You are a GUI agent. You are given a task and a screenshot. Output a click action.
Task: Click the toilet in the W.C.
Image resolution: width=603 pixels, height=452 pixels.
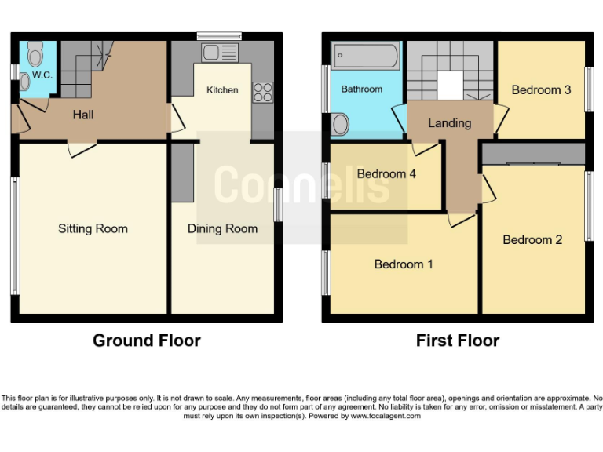[35, 54]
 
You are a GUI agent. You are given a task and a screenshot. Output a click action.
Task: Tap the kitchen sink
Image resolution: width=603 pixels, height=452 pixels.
[220, 53]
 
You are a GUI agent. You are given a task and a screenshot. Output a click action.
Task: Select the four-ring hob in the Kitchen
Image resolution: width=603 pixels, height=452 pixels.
[263, 93]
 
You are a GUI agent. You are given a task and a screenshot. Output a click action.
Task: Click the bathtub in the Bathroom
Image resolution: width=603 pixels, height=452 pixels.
[365, 56]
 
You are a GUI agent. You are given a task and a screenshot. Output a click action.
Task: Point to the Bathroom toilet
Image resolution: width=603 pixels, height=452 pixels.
[339, 124]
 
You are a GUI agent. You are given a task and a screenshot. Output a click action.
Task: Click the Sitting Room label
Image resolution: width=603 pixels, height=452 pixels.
[93, 228]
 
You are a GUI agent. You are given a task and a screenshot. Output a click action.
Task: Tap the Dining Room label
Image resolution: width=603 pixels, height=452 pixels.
[222, 228]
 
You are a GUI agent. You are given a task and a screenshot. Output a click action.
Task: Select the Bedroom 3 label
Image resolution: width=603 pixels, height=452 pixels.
[541, 90]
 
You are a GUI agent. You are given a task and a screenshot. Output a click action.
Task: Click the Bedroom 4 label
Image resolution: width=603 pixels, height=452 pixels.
[386, 173]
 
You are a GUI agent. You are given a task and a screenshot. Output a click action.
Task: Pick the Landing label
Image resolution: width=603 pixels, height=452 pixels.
[450, 123]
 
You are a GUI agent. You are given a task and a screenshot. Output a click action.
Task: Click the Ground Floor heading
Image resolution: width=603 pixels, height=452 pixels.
[147, 341]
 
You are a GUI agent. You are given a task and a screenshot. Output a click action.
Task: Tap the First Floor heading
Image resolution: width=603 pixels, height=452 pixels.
[458, 341]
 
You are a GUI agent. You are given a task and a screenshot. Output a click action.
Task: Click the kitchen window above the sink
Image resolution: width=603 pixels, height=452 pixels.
[219, 36]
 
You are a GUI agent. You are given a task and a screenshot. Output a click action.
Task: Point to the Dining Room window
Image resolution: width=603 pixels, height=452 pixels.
[278, 205]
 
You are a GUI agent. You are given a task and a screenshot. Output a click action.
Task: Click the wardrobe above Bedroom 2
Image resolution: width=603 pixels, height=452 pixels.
[533, 153]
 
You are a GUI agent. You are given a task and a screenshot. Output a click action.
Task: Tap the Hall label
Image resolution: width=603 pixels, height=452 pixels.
[83, 115]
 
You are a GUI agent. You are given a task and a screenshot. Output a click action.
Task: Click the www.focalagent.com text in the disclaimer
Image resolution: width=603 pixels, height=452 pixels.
[386, 416]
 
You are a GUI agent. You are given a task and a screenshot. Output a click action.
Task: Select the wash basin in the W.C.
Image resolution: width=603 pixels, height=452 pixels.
[24, 82]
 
